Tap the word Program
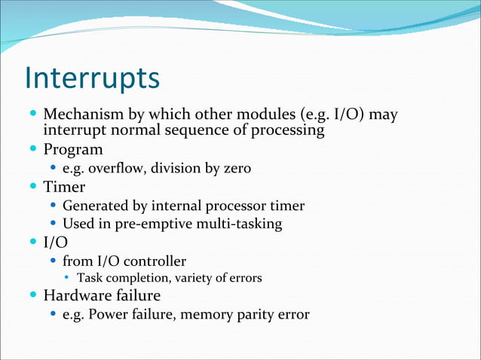pyautogui.click(x=73, y=149)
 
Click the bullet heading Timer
pyautogui.click(x=64, y=186)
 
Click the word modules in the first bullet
pyautogui.click(x=261, y=116)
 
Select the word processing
pyautogui.click(x=287, y=131)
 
